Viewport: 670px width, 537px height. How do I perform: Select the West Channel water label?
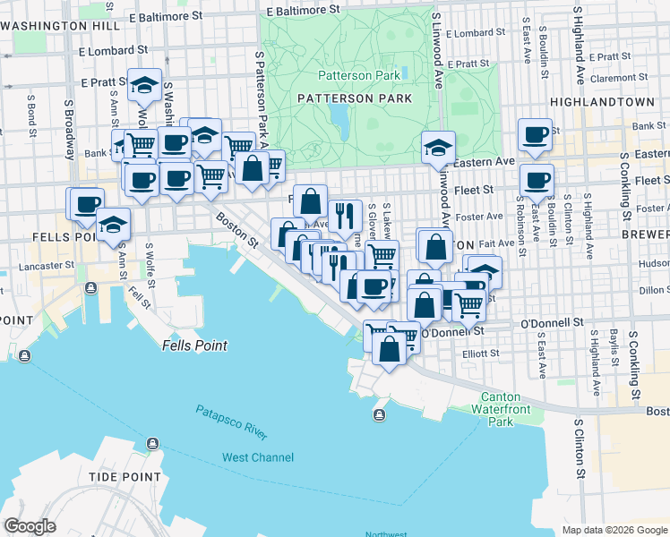point(257,457)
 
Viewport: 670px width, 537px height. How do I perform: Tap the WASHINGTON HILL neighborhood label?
point(60,26)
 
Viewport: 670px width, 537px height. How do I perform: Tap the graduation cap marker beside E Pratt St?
point(144,86)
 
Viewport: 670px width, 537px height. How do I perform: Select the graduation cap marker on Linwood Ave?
point(438,149)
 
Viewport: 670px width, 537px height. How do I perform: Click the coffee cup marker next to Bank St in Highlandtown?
point(536,135)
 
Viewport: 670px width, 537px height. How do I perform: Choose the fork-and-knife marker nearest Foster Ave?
point(344,216)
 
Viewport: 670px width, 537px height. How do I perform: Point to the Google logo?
point(30,526)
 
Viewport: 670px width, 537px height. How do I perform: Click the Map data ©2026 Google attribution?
point(614,530)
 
